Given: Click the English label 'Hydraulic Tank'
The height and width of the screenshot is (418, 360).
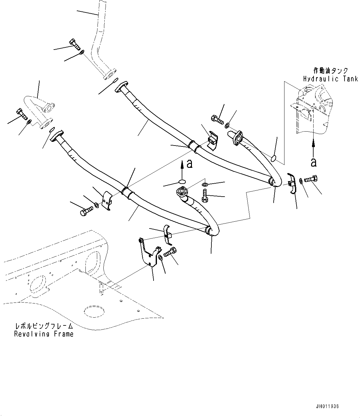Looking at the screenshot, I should [x=330, y=79].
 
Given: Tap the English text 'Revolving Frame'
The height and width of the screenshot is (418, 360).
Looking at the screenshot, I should [x=44, y=334].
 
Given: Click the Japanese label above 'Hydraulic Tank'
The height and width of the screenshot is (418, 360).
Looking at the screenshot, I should [x=330, y=71].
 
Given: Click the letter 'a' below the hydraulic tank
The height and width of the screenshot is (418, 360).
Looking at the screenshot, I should [x=314, y=162].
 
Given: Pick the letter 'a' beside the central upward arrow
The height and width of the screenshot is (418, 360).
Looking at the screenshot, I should [x=189, y=164].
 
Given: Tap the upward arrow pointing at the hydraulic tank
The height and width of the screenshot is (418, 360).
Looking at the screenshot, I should [x=313, y=147].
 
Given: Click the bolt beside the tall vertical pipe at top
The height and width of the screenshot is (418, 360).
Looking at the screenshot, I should [x=75, y=44].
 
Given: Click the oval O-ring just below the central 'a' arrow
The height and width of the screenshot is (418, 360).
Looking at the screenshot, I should [x=183, y=182].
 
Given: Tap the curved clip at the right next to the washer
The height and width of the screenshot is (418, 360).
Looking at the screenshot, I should [x=291, y=183].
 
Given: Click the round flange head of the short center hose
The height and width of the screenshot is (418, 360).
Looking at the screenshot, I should [x=181, y=192].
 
